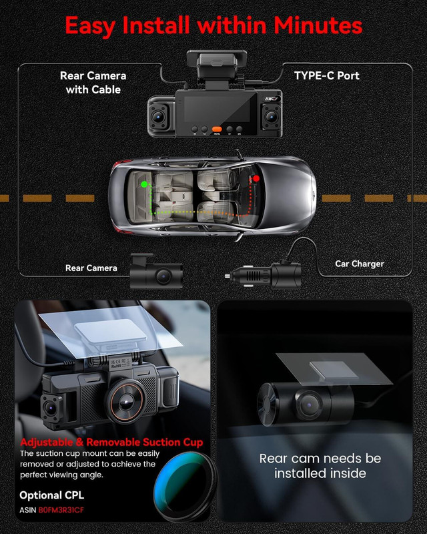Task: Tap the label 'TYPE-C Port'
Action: pos(326,75)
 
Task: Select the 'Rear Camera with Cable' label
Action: pos(93,82)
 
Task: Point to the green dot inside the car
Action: pos(143,183)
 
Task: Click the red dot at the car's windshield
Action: pos(255,179)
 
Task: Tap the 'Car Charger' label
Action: pos(359,264)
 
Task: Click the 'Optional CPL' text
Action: pos(53,495)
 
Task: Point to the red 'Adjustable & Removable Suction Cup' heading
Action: pos(111,443)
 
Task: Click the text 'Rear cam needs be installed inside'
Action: pos(320,466)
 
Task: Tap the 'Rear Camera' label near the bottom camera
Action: pos(91,268)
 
